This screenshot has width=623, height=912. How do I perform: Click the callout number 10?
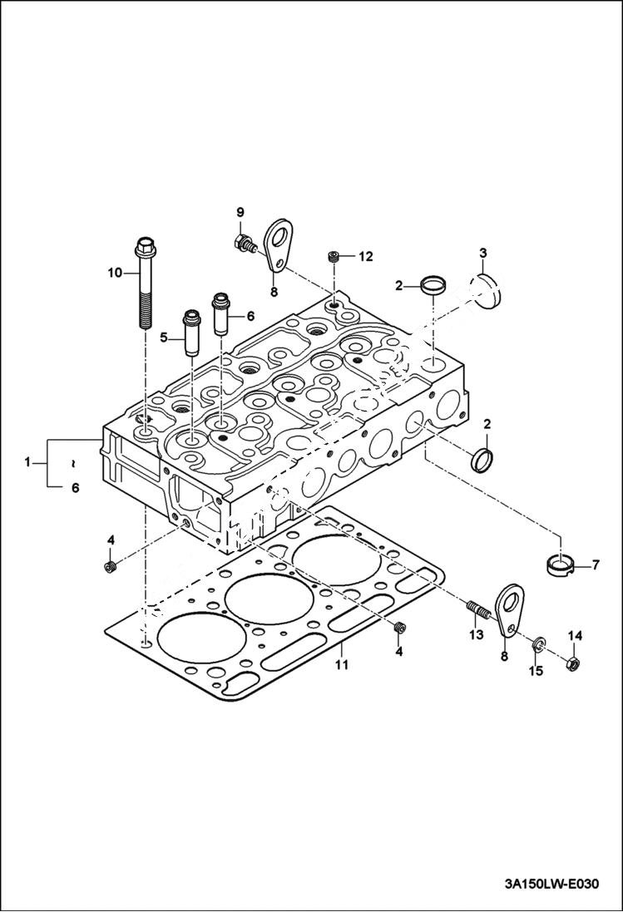pyautogui.click(x=114, y=272)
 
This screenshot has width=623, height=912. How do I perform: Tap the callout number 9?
pyautogui.click(x=240, y=212)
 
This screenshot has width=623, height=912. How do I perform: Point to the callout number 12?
pyautogui.click(x=366, y=257)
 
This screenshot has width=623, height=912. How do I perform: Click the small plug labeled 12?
pyautogui.click(x=334, y=256)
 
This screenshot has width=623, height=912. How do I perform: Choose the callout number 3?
pyautogui.click(x=482, y=253)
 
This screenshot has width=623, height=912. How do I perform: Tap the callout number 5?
pyautogui.click(x=164, y=338)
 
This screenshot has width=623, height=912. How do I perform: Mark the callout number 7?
pyautogui.click(x=596, y=566)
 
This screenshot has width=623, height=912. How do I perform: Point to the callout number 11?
pyautogui.click(x=341, y=664)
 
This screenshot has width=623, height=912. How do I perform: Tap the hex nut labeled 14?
pyautogui.click(x=573, y=664)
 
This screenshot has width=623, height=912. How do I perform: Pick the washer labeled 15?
pyautogui.click(x=539, y=643)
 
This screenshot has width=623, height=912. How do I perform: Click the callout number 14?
pyautogui.click(x=575, y=636)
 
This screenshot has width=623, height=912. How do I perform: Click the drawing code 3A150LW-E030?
pyautogui.click(x=551, y=884)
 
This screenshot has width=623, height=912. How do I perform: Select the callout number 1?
pyautogui.click(x=28, y=461)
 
